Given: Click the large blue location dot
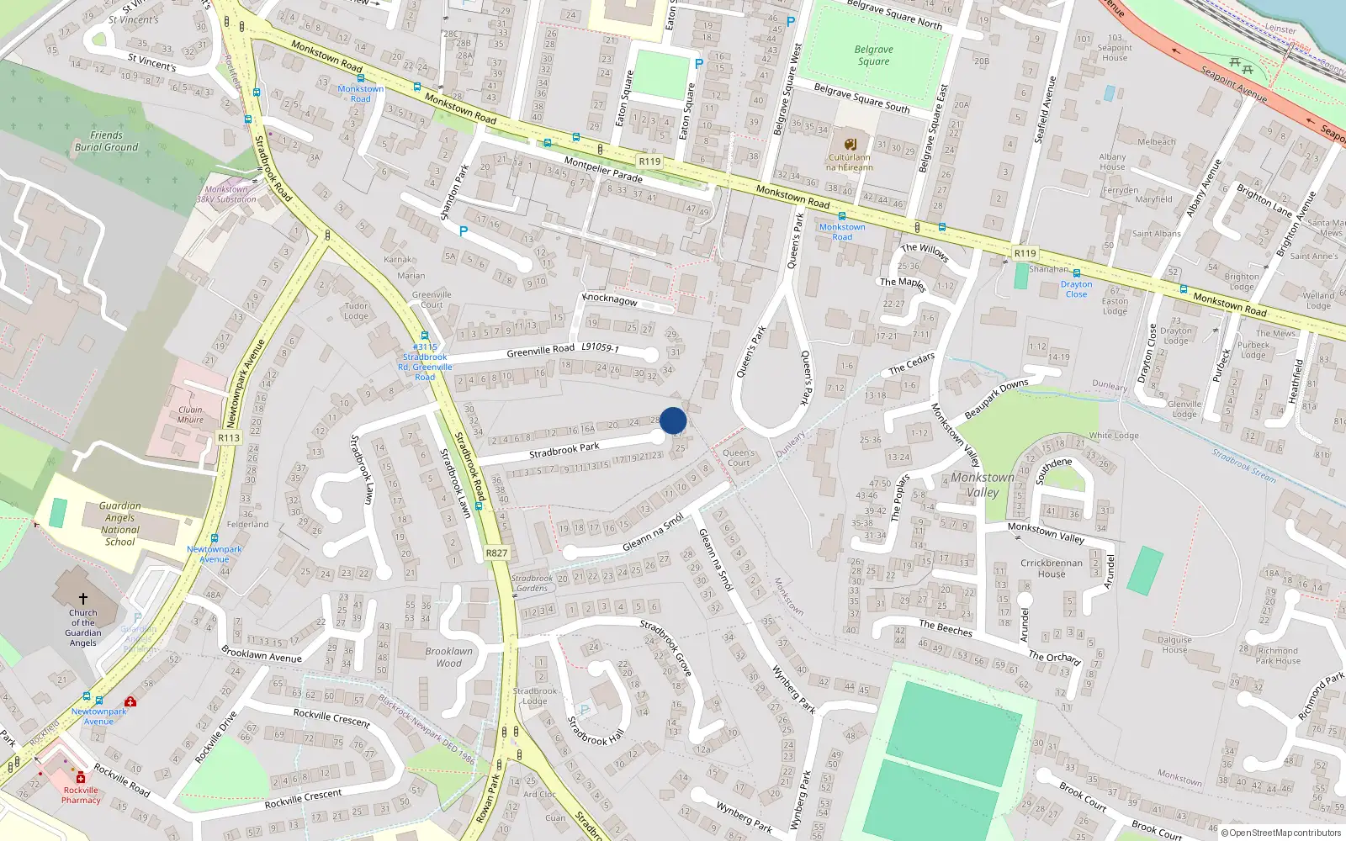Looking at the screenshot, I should [x=673, y=420].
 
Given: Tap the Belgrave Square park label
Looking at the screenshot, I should [x=874, y=56].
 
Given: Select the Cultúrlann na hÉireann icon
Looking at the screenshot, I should [x=850, y=144].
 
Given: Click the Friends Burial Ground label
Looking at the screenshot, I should [x=106, y=141].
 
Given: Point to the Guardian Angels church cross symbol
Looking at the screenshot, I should [x=82, y=599].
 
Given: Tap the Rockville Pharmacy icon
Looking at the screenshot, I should [x=81, y=778].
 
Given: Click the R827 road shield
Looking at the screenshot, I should [x=496, y=553].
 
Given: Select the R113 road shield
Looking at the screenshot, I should [x=229, y=437].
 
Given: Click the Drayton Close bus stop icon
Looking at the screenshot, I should [x=1076, y=273].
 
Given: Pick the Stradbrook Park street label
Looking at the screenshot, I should [x=564, y=451].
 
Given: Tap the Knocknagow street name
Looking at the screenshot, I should [x=610, y=300].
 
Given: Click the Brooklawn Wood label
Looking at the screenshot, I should [x=448, y=657].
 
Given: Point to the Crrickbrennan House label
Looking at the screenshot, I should [x=1052, y=569].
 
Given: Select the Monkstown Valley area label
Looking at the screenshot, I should [x=983, y=484].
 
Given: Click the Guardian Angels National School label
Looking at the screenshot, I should [x=120, y=524].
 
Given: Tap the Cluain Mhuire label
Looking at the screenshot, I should [x=190, y=415].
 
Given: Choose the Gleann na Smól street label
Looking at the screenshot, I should [x=653, y=533].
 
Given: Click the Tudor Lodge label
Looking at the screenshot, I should [x=356, y=311].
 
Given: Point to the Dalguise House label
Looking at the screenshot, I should [x=1174, y=644].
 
